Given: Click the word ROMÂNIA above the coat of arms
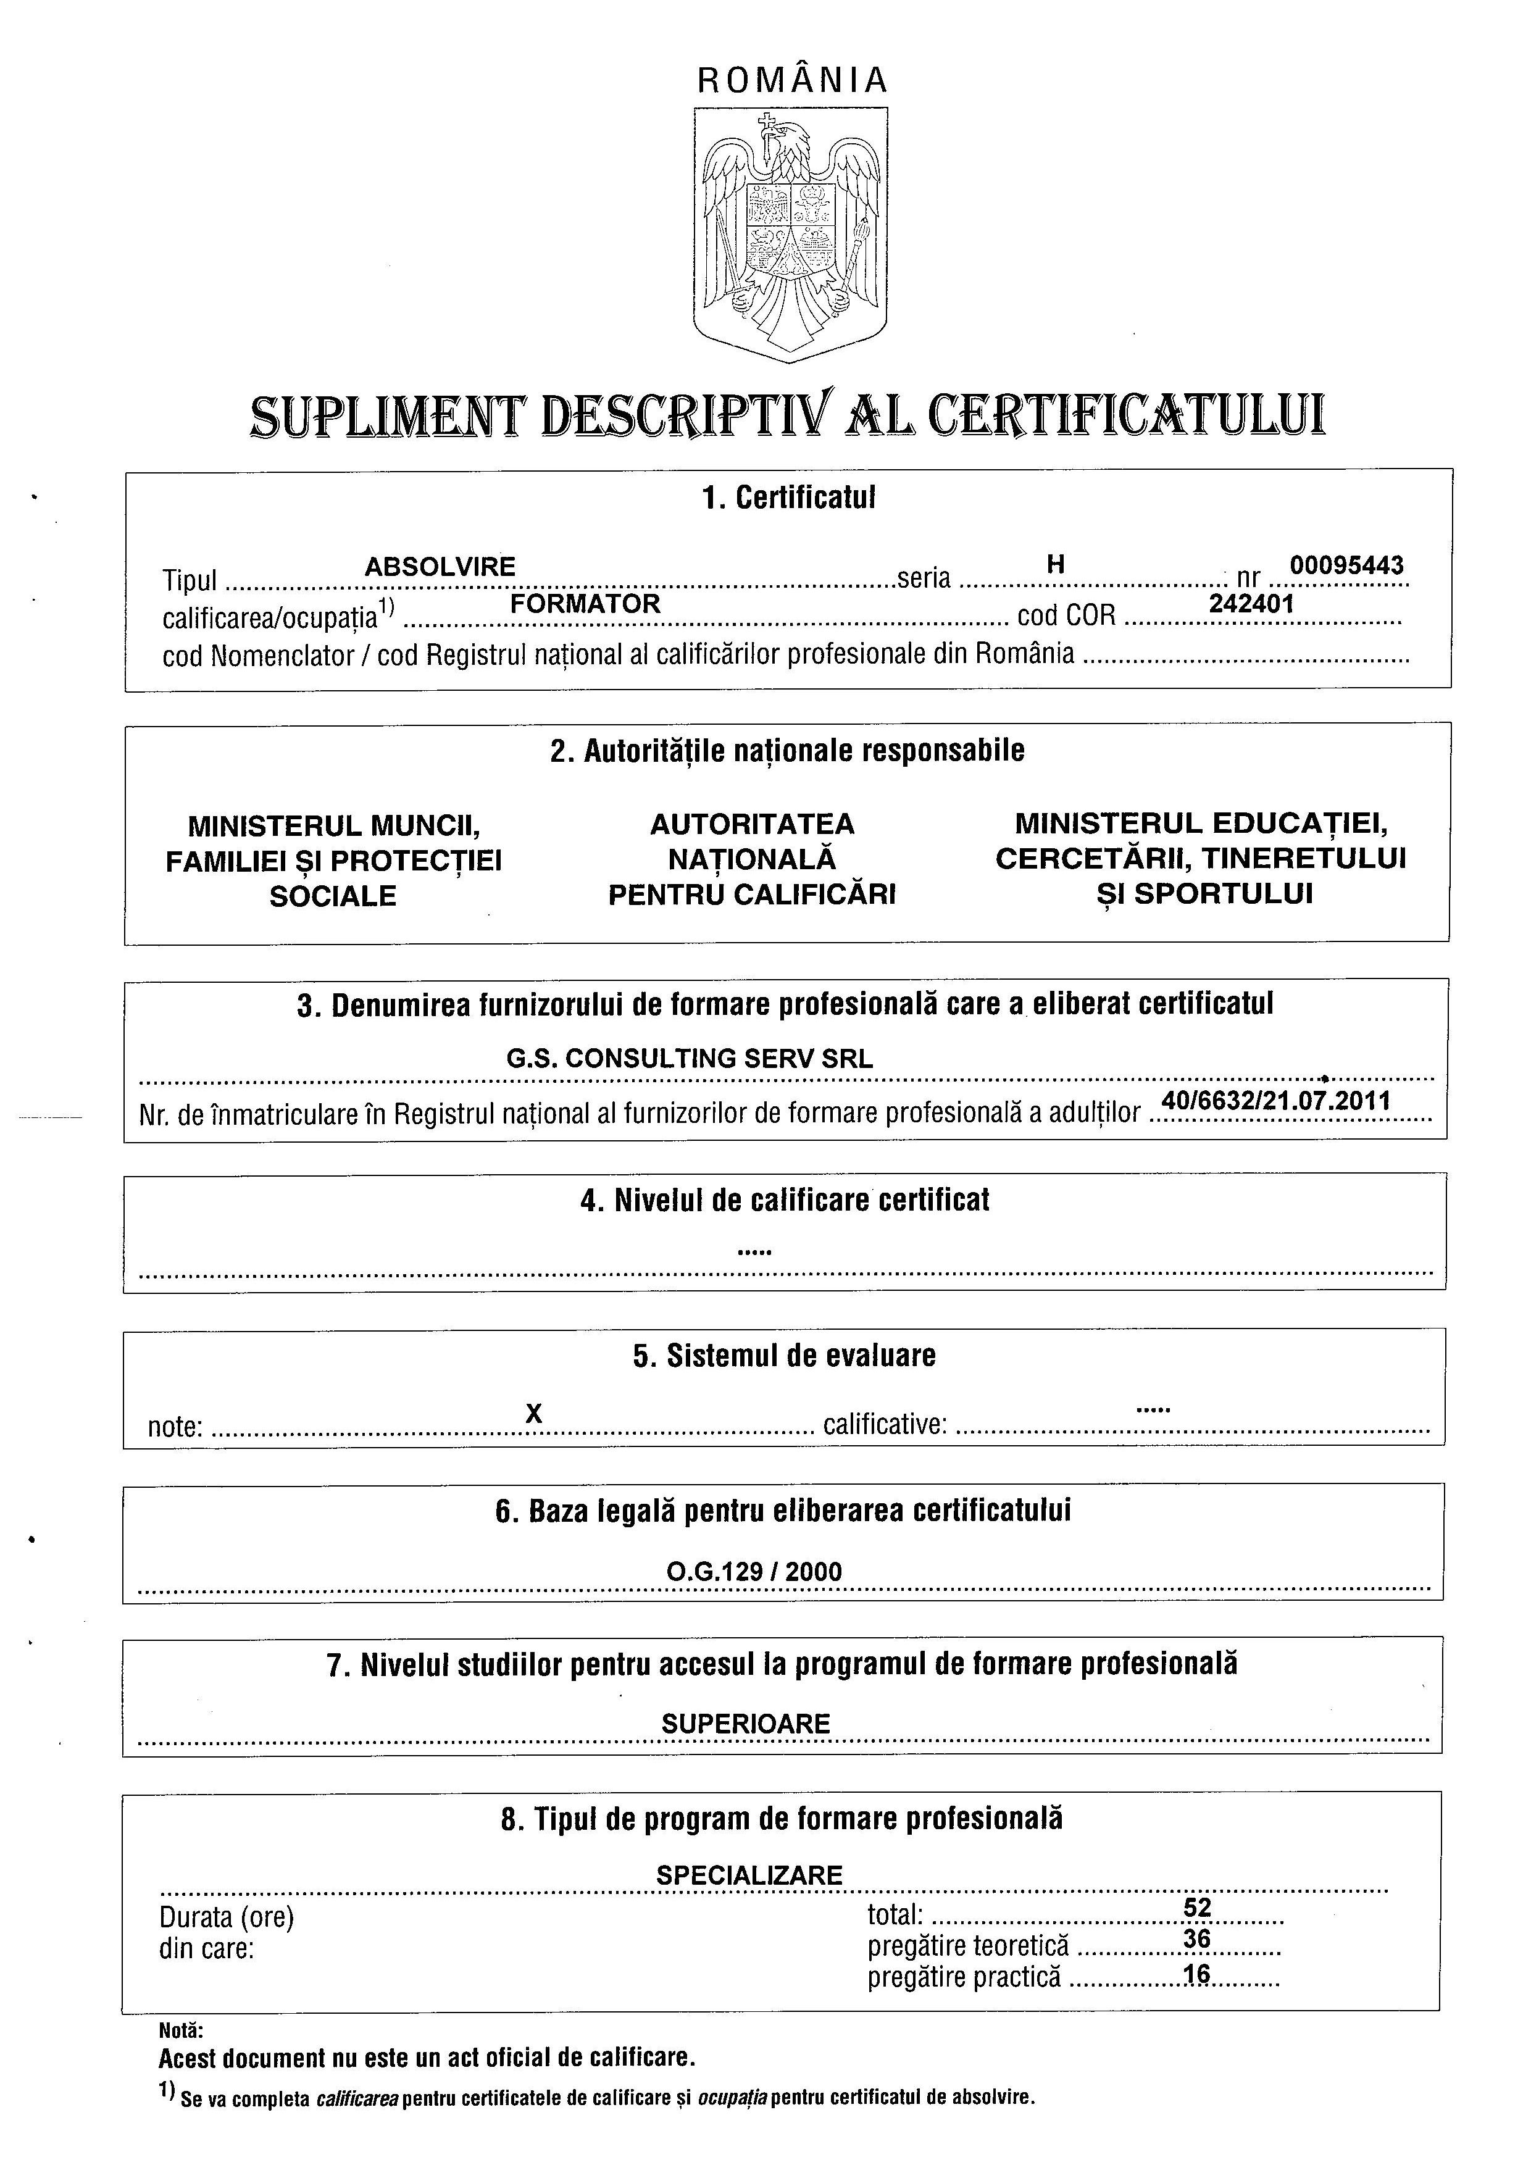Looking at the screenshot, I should (x=792, y=81).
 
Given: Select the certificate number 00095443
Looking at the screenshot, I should (x=1346, y=565).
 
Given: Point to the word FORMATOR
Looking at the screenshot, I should (x=585, y=604).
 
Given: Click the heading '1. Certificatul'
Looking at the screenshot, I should (x=788, y=498).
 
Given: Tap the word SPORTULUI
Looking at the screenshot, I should (x=1223, y=894).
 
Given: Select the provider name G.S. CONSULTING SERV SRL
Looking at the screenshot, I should (x=690, y=1058).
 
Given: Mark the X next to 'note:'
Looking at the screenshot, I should (x=533, y=1414).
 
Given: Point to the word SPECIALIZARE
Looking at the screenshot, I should (x=749, y=1875).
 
